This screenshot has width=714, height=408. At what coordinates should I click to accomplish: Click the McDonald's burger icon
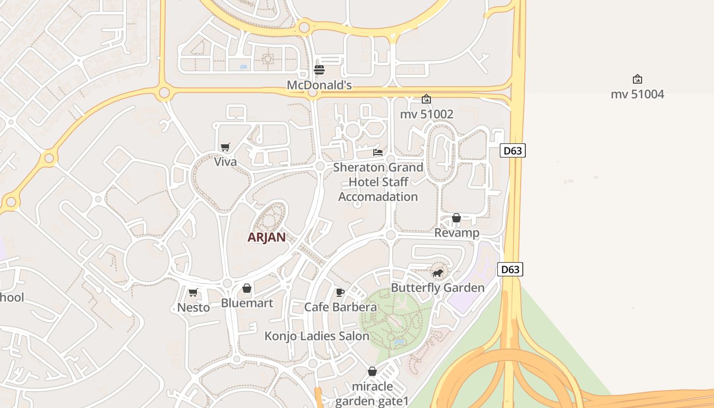(x=319, y=70)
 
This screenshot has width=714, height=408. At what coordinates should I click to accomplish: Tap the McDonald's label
(x=319, y=85)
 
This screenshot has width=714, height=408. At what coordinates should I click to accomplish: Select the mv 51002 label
(x=426, y=114)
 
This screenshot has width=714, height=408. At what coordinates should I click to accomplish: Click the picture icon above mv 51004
(x=637, y=79)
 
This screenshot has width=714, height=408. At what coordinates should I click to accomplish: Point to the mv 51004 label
(x=637, y=94)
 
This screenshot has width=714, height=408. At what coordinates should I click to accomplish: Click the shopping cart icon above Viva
(x=225, y=147)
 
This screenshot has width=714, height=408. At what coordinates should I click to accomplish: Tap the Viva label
(x=225, y=162)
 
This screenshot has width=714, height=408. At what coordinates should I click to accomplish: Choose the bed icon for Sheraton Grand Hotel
(x=378, y=152)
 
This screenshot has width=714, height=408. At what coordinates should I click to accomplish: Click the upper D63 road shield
(x=512, y=150)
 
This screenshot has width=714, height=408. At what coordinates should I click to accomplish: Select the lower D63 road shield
(x=510, y=269)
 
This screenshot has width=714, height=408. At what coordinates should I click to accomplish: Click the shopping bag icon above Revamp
(x=456, y=218)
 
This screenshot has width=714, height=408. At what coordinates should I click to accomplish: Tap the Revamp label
(x=456, y=233)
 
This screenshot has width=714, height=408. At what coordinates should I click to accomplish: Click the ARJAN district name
(x=266, y=237)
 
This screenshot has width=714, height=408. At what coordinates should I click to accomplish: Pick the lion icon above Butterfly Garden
(x=437, y=273)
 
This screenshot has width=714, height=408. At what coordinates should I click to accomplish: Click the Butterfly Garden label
(x=437, y=288)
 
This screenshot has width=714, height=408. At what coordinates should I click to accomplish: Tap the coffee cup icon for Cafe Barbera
(x=340, y=292)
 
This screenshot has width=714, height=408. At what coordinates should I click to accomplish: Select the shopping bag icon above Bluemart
(x=247, y=289)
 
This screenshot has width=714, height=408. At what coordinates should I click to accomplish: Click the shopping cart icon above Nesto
(x=193, y=293)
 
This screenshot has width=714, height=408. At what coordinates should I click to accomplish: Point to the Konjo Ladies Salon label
(x=317, y=337)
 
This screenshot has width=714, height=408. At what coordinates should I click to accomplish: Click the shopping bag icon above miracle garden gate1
(x=372, y=371)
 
